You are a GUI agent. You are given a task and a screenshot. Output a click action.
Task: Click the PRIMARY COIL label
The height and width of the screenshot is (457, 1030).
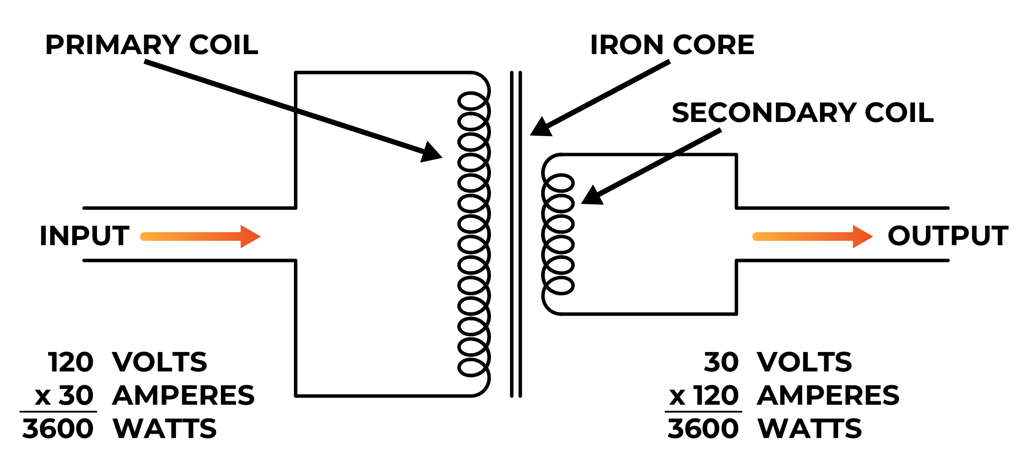pyautogui.click(x=152, y=45)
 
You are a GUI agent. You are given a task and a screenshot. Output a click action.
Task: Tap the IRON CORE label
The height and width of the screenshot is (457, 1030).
pyautogui.click(x=672, y=45)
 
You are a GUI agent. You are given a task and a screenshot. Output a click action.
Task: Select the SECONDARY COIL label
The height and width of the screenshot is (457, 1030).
pyautogui.click(x=803, y=112)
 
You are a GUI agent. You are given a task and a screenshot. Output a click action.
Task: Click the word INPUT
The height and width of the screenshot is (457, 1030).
pyautogui.click(x=84, y=236)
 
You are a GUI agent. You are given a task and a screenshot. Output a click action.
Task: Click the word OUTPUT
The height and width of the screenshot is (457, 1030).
pyautogui.click(x=947, y=236)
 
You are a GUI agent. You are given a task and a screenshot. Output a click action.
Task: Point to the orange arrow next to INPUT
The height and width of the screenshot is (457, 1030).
pyautogui.click(x=201, y=236)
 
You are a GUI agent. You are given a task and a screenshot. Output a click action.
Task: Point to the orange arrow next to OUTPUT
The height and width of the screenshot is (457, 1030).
pyautogui.click(x=813, y=236)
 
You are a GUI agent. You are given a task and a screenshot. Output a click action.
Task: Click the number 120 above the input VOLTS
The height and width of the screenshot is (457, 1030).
pyautogui.click(x=71, y=362)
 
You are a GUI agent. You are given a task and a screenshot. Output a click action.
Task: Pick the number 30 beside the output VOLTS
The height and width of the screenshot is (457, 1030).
pyautogui.click(x=721, y=362)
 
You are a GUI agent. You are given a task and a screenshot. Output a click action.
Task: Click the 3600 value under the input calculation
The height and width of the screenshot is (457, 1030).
pyautogui.click(x=58, y=428)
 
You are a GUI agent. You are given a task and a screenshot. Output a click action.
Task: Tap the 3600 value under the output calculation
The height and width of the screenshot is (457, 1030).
pyautogui.click(x=703, y=428)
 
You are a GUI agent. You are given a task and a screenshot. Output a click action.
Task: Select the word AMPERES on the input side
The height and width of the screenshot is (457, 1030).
pyautogui.click(x=183, y=395)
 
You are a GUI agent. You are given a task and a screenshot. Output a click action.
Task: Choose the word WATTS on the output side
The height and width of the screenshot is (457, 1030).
pyautogui.click(x=810, y=428)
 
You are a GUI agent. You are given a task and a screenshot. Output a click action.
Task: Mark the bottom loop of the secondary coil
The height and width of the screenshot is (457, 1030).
pyautogui.click(x=560, y=285)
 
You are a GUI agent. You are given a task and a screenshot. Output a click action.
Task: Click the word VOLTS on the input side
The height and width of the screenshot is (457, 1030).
pyautogui.click(x=159, y=362)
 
